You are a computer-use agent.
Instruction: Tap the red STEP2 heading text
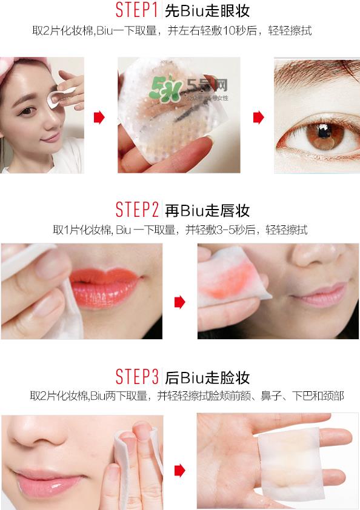(x=137, y=210)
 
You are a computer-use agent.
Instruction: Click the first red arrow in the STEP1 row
(x=99, y=117)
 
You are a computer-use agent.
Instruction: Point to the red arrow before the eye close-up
(x=258, y=117)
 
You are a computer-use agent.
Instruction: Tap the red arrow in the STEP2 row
(x=179, y=301)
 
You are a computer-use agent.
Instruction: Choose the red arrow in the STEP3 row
(x=179, y=467)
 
